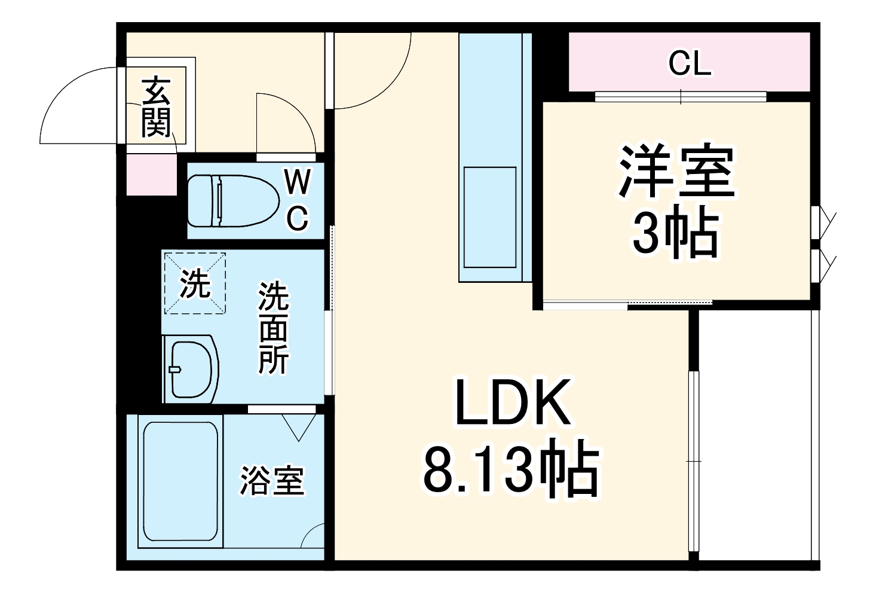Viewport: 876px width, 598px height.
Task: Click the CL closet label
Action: [x=690, y=63]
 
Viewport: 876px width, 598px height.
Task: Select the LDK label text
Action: [x=512, y=402]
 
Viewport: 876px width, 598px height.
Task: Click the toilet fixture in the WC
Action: [x=233, y=200]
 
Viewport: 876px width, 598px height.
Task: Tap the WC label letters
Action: [x=297, y=200]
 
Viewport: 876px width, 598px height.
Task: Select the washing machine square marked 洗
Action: [x=195, y=283]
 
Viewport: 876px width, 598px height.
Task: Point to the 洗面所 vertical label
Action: [x=273, y=328]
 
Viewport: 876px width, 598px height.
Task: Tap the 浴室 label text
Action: [x=272, y=480]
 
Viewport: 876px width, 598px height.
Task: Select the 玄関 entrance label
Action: [x=156, y=107]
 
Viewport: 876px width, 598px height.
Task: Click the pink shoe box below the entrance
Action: [x=152, y=174]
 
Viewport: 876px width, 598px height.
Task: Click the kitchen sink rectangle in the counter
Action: [x=490, y=217]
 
